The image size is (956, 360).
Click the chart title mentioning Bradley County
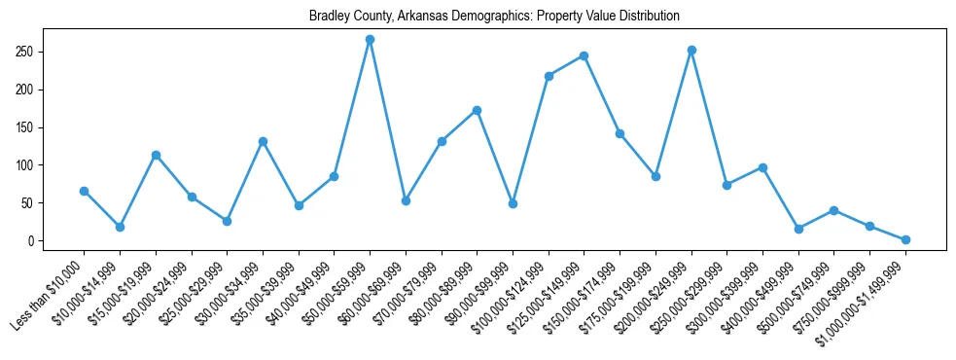coord(494,17)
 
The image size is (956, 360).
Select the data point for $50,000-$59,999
coord(370,40)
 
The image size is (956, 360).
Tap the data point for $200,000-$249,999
coord(691,50)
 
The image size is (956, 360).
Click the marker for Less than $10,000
coord(84,191)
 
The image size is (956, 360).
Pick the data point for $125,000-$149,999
coord(584,55)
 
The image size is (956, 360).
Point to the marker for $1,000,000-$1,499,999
coord(905,239)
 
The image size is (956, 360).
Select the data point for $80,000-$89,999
coord(477,110)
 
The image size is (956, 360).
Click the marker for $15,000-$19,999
coord(156,155)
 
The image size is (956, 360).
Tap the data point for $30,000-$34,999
coord(263,141)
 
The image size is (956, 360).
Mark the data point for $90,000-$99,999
coord(513,203)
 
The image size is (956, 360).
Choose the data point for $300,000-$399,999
coord(762,167)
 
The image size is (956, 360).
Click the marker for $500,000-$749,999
coord(834,210)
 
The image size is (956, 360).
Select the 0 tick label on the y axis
coord(33,241)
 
